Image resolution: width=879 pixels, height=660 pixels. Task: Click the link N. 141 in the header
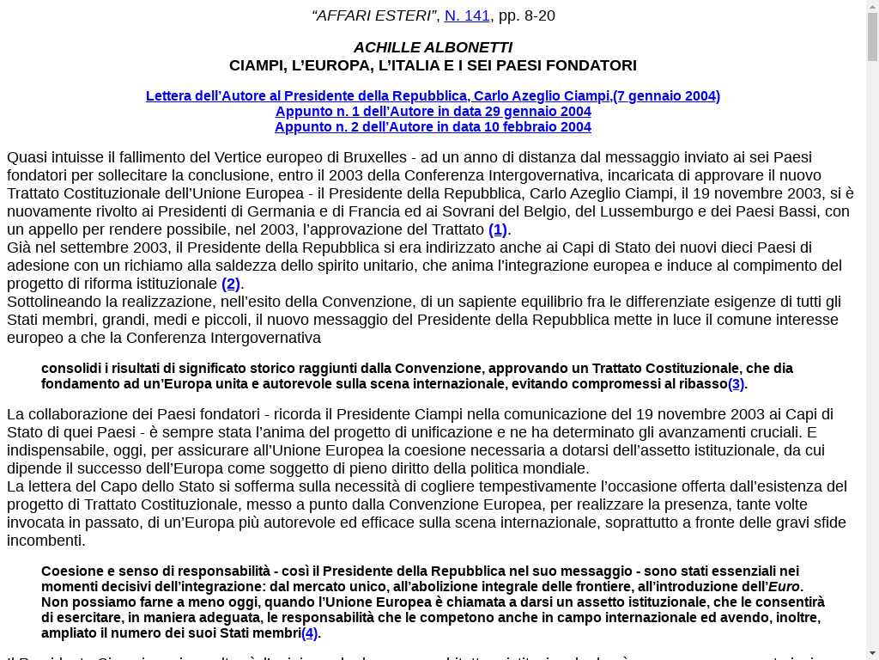pos(467,15)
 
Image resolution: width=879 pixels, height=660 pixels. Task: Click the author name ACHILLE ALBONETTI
pos(433,47)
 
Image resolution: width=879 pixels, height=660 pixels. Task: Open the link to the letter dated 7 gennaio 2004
pos(433,95)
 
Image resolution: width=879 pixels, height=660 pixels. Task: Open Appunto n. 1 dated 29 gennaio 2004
pos(433,111)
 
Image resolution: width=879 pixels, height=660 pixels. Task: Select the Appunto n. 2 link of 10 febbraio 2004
pos(433,126)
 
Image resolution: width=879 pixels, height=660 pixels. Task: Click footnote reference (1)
pos(498,229)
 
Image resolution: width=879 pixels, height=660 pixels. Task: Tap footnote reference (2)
pos(231,284)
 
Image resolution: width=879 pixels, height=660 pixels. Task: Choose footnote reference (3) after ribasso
pos(736,383)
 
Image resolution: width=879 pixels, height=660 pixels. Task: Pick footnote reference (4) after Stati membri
pos(309,632)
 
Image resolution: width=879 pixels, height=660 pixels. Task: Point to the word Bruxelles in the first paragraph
pos(374,157)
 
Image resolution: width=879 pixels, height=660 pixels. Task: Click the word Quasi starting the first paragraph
pos(27,157)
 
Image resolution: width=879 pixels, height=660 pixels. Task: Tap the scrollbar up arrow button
pos(872,7)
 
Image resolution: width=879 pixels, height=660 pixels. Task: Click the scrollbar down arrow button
pos(872,653)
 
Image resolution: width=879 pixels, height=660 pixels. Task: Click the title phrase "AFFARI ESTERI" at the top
pos(374,15)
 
